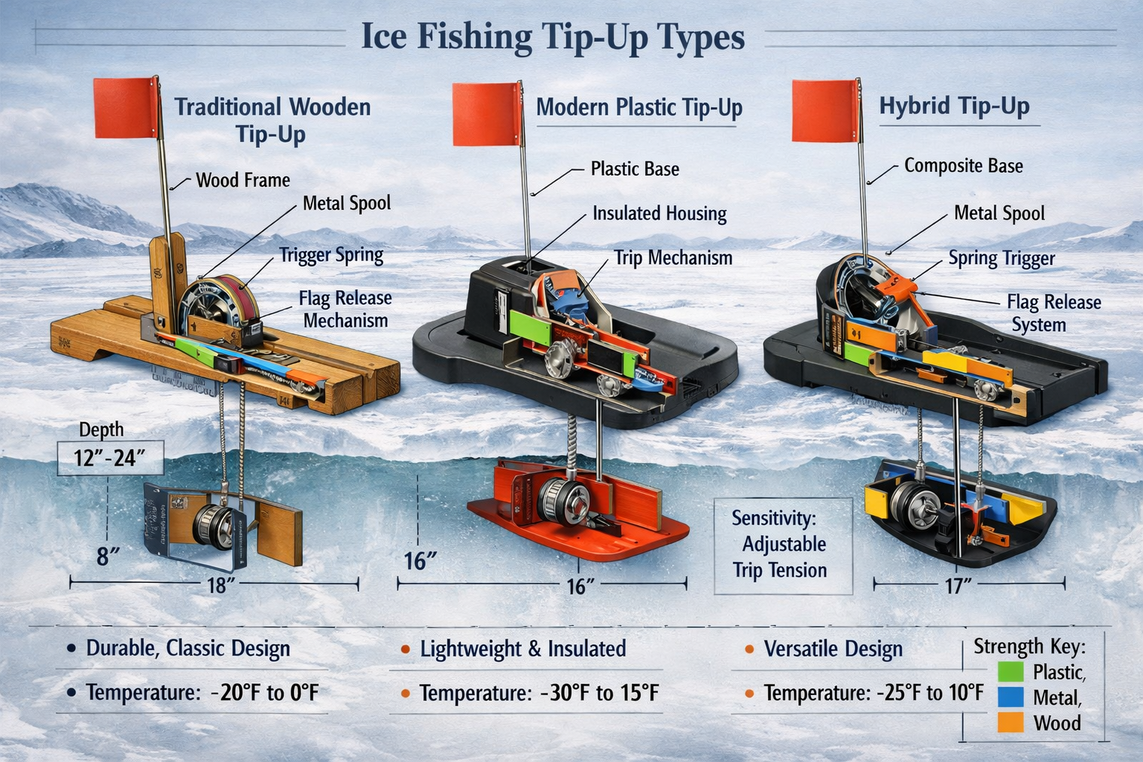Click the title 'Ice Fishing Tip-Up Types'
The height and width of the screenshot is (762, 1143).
pyautogui.click(x=553, y=36)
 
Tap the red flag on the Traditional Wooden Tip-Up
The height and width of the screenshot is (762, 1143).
pyautogui.click(x=125, y=107)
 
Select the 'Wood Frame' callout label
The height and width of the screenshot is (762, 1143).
pyautogui.click(x=243, y=180)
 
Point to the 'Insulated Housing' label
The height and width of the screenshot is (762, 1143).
pyautogui.click(x=659, y=214)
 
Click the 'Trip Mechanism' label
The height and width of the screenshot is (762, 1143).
pyautogui.click(x=673, y=258)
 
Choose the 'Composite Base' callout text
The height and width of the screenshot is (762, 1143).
pyautogui.click(x=963, y=166)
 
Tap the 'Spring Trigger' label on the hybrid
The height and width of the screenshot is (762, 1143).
pyautogui.click(x=1002, y=258)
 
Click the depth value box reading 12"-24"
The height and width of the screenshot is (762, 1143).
pyautogui.click(x=109, y=457)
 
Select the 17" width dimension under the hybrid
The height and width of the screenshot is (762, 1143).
pyautogui.click(x=958, y=586)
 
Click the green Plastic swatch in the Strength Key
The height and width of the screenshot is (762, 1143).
pyautogui.click(x=1010, y=671)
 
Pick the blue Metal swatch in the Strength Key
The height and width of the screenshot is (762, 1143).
pyautogui.click(x=1010, y=697)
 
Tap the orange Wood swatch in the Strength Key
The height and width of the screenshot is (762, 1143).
pyautogui.click(x=1010, y=722)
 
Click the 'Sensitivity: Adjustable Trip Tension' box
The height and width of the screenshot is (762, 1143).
pyautogui.click(x=783, y=545)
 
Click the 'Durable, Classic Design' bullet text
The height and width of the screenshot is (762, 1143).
pyautogui.click(x=188, y=648)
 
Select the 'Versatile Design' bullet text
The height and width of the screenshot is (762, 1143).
pyautogui.click(x=833, y=649)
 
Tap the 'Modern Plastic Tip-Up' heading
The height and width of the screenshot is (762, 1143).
pyautogui.click(x=639, y=108)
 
